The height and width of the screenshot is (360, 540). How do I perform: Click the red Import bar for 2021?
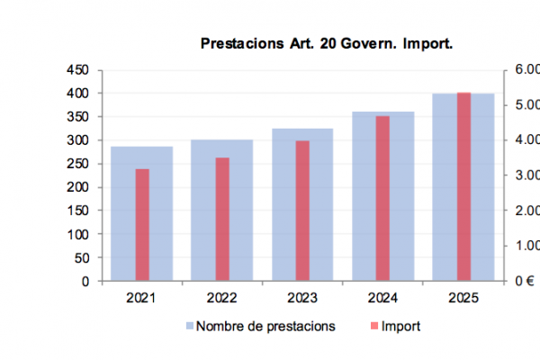pos(141,225)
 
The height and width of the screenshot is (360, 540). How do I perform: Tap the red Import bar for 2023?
pos(302,211)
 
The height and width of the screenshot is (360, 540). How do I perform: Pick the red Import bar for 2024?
pos(382,198)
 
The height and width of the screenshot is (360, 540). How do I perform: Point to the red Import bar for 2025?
pos(463,186)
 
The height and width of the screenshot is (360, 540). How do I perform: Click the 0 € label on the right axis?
pos(524,281)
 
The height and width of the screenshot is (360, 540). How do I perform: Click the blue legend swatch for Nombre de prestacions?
pos(190,326)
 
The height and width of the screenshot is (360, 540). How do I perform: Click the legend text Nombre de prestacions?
pos(265,326)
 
